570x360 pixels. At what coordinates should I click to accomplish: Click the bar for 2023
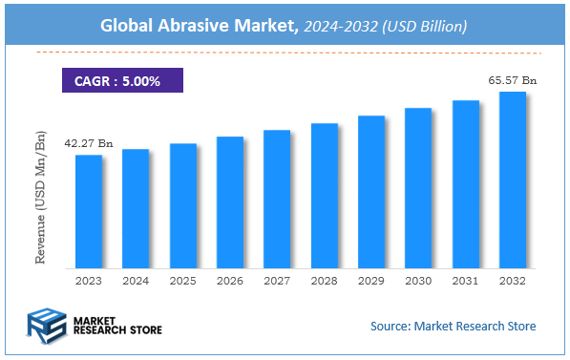coord(89,211)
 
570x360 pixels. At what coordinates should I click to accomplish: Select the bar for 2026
coord(229,202)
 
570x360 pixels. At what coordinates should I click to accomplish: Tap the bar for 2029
coord(370,192)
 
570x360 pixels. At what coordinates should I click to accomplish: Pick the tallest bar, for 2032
coord(512,180)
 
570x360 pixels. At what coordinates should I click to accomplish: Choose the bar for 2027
coord(277,199)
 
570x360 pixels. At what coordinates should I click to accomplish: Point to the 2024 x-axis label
coord(136,282)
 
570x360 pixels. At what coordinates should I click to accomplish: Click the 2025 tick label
coord(182,282)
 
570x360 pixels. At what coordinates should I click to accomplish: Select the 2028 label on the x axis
coord(324,282)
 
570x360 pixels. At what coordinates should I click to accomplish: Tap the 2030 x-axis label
coord(418,282)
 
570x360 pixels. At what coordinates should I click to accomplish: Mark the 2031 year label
coord(465,282)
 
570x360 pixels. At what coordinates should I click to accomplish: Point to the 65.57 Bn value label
coord(512,81)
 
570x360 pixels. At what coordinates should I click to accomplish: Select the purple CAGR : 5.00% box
coord(121,80)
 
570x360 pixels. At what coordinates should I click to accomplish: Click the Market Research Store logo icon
coord(46,323)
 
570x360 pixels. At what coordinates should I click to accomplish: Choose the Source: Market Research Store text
coord(453,327)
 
